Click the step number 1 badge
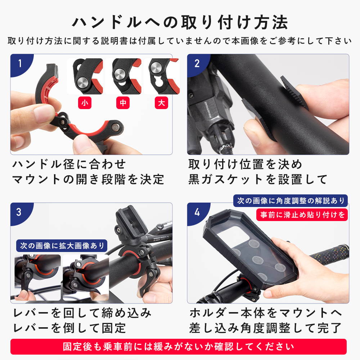pos(20,63)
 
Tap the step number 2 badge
pos(197,63)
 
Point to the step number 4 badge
pos(197,212)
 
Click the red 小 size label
pos(85,103)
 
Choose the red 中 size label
pos(123,103)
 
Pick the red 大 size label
pos(161,103)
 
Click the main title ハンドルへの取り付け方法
pos(180,22)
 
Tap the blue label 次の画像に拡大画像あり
pos(62,246)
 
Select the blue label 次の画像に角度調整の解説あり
pos(291,201)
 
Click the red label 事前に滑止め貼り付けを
pos(302,215)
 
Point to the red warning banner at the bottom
pos(179,346)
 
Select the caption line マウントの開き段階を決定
pos(88,179)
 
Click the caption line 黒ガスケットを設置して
pos(258,179)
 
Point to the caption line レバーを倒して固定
pos(69,328)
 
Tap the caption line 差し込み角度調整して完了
pos(265,328)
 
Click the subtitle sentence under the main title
pos(180,41)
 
